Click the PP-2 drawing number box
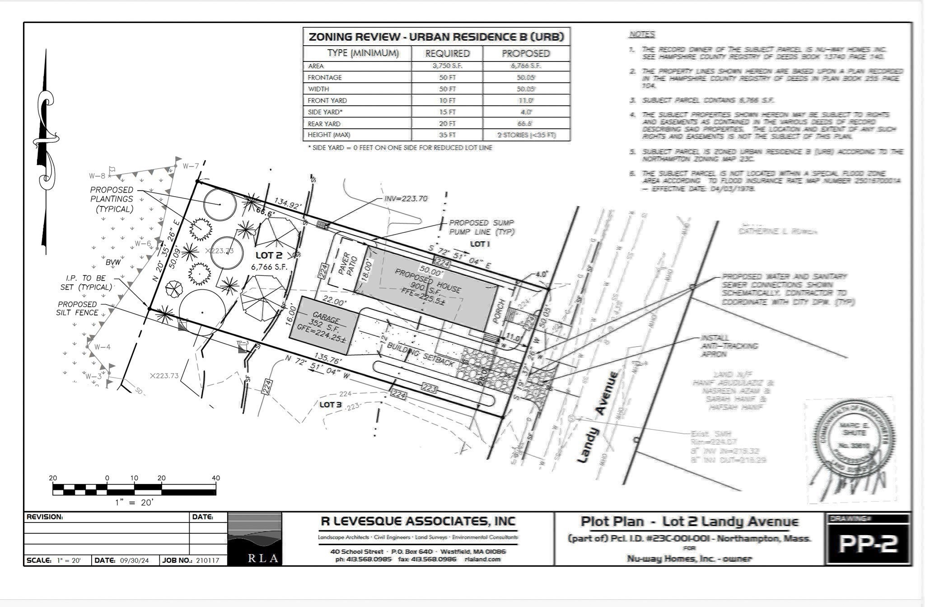coord(867,544)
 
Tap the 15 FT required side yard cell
coord(447,112)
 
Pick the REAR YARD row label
coord(324,124)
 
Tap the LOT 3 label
coord(330,405)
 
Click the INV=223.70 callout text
coord(405,198)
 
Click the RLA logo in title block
coord(254,539)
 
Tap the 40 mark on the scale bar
coord(215,478)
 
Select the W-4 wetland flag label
coord(102,347)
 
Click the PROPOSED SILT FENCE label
coord(77,308)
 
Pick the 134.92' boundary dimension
coord(288,204)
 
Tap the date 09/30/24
coord(134,560)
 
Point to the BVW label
coord(113,262)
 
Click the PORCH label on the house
coord(498,311)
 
